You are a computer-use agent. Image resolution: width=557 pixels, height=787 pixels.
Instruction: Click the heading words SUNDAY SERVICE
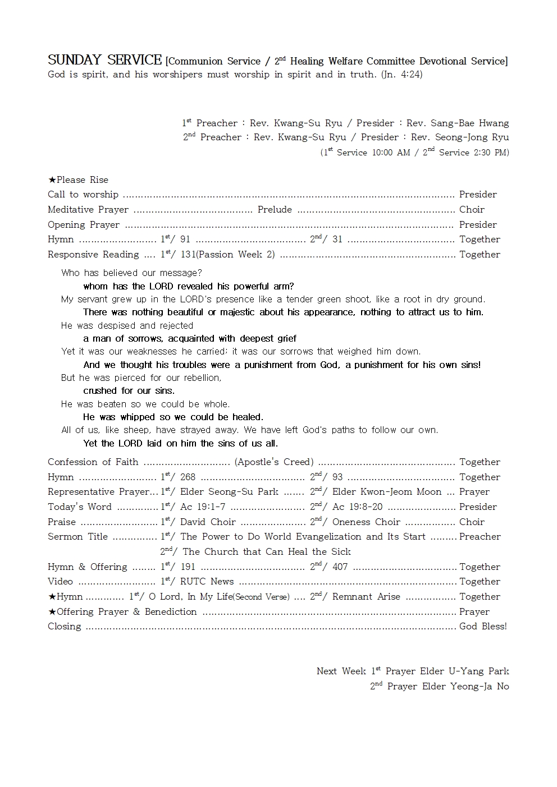pyautogui.click(x=104, y=60)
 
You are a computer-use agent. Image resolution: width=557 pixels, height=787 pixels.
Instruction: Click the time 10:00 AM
pyautogui.click(x=391, y=153)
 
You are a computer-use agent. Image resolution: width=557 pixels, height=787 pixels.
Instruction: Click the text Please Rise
pyautogui.click(x=82, y=180)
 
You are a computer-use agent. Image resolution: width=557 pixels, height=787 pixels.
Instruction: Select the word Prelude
pyautogui.click(x=275, y=209)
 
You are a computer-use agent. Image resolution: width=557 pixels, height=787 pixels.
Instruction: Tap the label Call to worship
pyautogui.click(x=83, y=194)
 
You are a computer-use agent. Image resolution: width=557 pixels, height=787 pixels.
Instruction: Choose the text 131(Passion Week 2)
pyautogui.click(x=227, y=254)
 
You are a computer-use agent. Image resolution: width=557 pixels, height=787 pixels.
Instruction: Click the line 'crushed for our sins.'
pyautogui.click(x=129, y=390)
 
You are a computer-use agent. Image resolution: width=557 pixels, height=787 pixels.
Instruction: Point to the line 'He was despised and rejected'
pyautogui.click(x=127, y=325)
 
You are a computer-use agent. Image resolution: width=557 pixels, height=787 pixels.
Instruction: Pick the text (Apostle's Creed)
pyautogui.click(x=274, y=462)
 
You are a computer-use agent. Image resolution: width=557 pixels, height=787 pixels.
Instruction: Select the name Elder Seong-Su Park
pyautogui.click(x=229, y=491)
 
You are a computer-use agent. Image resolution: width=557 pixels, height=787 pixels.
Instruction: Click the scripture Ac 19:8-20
pyautogui.click(x=357, y=507)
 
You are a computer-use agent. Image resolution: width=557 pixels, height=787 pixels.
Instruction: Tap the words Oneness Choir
pyautogui.click(x=366, y=522)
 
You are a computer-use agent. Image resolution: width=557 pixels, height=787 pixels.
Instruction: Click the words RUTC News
pyautogui.click(x=207, y=581)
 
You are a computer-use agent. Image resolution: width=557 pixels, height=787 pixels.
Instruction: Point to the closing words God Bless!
pyautogui.click(x=483, y=626)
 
